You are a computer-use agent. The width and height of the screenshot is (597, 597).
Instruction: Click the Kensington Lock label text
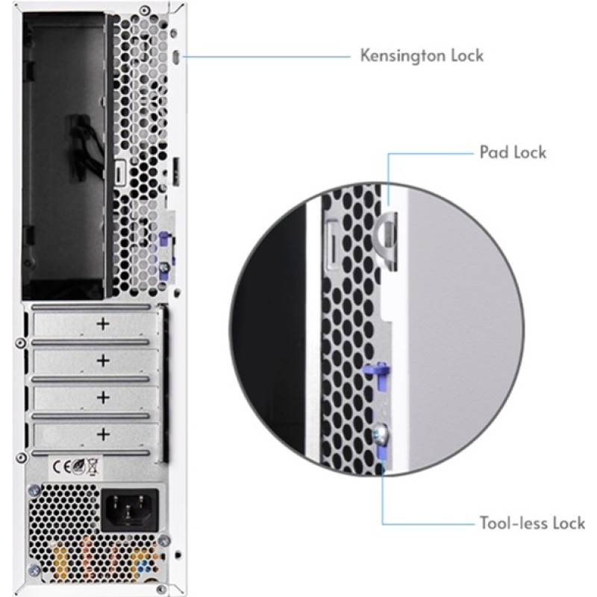tap(422, 55)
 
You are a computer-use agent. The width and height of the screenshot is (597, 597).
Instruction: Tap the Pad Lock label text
tap(512, 152)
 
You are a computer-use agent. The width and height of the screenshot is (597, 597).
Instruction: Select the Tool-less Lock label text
tap(531, 522)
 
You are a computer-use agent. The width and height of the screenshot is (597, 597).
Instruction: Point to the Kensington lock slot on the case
tap(175, 57)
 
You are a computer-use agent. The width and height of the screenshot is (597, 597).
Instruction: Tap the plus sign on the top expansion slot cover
tap(103, 324)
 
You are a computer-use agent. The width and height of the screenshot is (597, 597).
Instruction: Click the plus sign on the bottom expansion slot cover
tap(103, 433)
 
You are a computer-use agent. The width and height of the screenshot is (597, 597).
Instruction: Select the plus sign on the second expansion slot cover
tap(103, 360)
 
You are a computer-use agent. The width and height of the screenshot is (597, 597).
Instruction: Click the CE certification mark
tap(62, 467)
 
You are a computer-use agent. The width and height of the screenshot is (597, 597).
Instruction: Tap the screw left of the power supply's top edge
tap(34, 490)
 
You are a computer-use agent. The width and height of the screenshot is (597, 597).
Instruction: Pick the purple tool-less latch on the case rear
tap(163, 246)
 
